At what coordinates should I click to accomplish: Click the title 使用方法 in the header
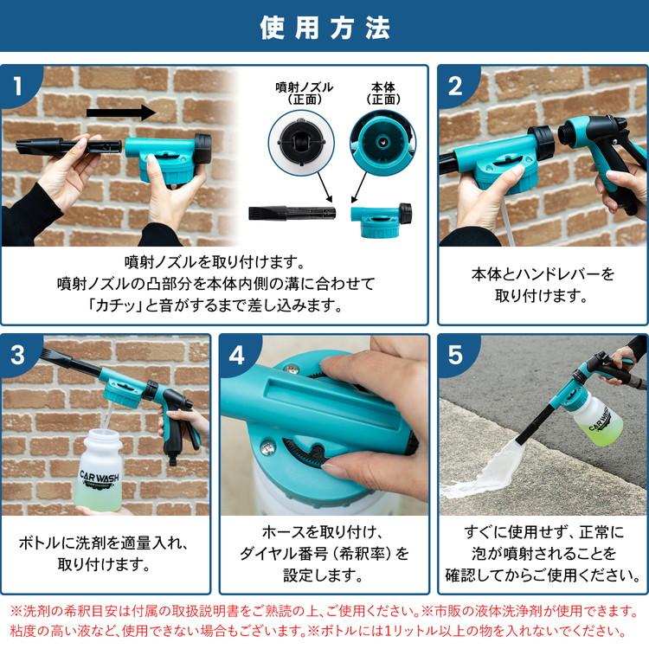(324, 28)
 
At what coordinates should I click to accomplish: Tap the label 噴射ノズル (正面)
(304, 93)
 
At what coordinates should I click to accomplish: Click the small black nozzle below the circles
(291, 212)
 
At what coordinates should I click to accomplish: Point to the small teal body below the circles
(379, 214)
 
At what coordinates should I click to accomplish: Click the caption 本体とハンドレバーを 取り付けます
(542, 285)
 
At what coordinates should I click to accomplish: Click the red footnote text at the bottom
(324, 621)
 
